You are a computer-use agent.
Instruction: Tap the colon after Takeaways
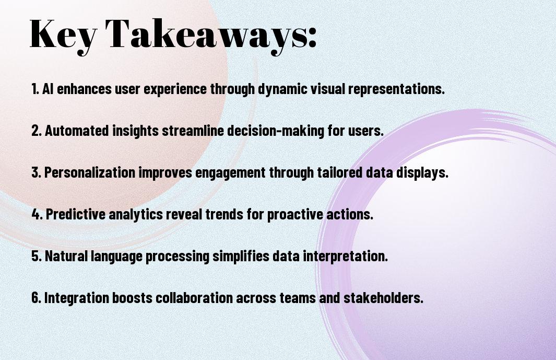pyautogui.click(x=312, y=38)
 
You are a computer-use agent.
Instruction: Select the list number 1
pyautogui.click(x=35, y=89)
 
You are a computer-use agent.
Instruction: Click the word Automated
pyautogui.click(x=77, y=131)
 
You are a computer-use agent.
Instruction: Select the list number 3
pyautogui.click(x=36, y=172)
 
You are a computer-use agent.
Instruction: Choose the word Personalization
pyautogui.click(x=90, y=172)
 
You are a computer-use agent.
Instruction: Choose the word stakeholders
pyautogui.click(x=383, y=298)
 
